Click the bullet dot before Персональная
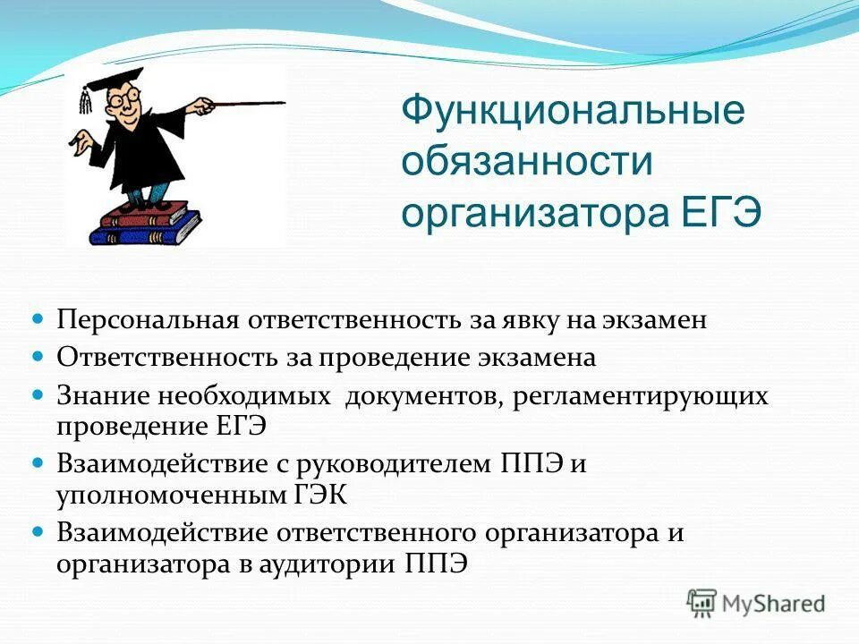tap(38, 319)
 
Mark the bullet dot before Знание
tap(38, 394)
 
